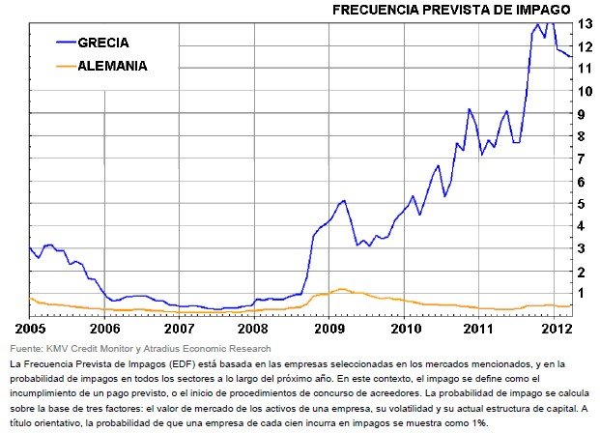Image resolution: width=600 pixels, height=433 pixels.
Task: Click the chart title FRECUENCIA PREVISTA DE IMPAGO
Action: tap(451, 10)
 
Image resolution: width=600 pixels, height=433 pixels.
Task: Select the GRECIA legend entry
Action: tap(103, 43)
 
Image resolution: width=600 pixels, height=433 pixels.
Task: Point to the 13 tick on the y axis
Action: tap(586, 23)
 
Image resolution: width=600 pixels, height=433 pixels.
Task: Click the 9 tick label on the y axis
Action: tap(584, 113)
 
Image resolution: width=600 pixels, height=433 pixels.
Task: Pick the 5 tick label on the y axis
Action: tap(584, 203)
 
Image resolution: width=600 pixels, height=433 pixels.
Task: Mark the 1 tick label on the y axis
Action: tap(584, 293)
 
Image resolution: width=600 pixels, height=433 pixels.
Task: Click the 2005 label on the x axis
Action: tap(30, 328)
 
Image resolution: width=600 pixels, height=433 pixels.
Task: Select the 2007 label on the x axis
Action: tap(180, 328)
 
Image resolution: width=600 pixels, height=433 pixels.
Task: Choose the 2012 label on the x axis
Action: tap(554, 328)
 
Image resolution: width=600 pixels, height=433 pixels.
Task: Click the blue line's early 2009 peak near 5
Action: tap(343, 200)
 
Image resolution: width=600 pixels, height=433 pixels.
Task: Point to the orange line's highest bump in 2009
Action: tap(341, 288)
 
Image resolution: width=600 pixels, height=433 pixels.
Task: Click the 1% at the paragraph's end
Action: tap(477, 422)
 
